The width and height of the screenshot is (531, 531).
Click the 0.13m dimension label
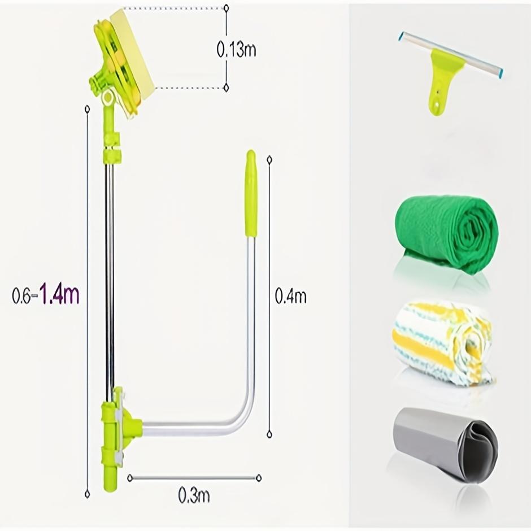(x=236, y=50)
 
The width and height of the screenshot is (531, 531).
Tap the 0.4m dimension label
(x=290, y=295)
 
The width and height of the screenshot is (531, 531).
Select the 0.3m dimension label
(x=194, y=495)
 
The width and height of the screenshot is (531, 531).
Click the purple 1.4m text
(x=60, y=294)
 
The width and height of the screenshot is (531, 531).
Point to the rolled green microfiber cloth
(x=446, y=234)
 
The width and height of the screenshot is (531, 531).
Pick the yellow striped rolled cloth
(x=442, y=343)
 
